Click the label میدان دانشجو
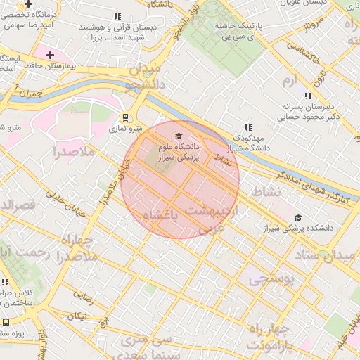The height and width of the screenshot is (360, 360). tap(143, 78)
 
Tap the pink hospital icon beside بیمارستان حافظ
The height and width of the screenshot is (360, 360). tap(50, 55)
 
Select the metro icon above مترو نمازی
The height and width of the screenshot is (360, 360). tap(126, 117)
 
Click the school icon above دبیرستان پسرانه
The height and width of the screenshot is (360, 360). tap(307, 96)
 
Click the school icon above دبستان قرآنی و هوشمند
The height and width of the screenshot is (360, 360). tap(117, 16)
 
